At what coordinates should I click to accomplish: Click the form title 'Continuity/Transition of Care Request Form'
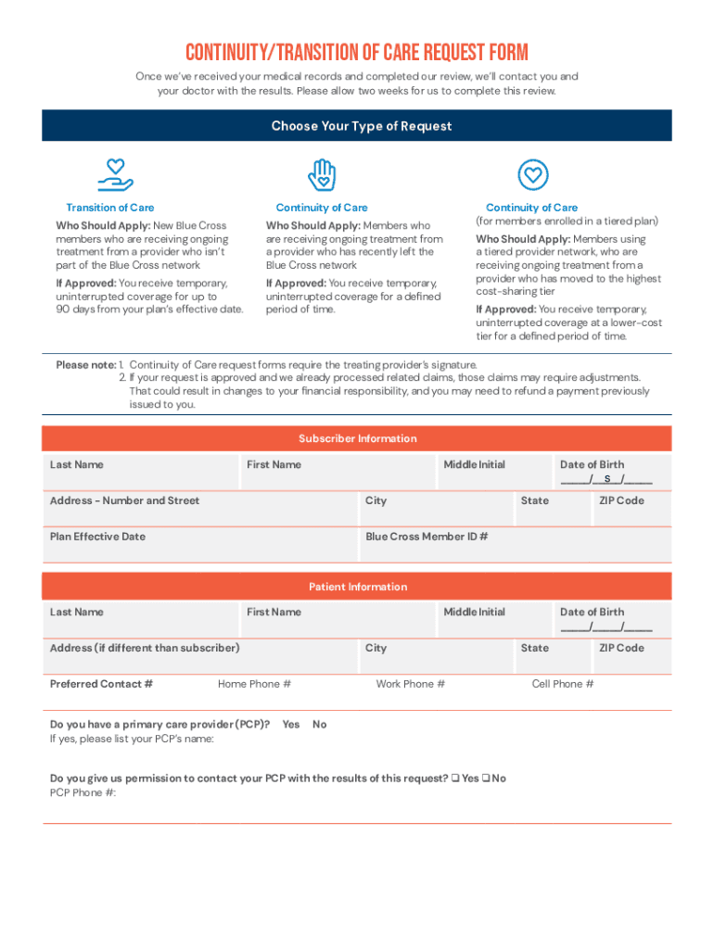(357, 52)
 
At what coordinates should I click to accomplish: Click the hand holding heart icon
(115, 174)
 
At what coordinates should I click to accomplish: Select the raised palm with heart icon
(322, 174)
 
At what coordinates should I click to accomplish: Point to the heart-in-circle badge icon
(532, 174)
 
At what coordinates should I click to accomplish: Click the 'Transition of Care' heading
(110, 208)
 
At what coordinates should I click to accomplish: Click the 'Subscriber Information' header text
(357, 438)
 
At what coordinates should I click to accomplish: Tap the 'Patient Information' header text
(357, 587)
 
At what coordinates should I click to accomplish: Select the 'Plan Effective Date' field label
(97, 537)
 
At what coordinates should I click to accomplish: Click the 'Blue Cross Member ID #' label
(427, 537)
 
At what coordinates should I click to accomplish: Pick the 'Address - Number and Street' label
(124, 500)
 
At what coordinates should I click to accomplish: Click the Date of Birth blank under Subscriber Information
(606, 479)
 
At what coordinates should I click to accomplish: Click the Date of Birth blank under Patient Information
(606, 626)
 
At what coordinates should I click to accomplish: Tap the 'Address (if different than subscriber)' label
(145, 648)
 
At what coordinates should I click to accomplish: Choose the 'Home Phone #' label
(254, 684)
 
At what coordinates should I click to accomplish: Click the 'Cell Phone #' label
(563, 684)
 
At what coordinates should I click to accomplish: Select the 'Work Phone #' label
(410, 684)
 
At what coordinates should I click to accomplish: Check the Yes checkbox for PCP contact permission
(455, 778)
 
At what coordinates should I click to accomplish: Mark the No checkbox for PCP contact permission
(487, 778)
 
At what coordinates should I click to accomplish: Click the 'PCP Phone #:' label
(83, 793)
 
